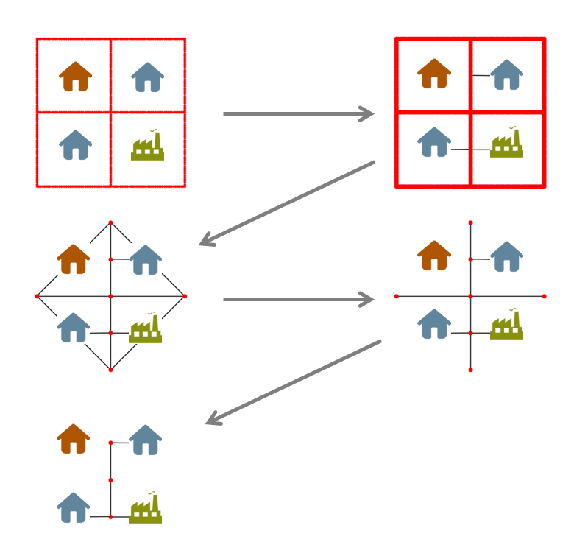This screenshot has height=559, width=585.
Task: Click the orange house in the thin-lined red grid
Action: pyautogui.click(x=75, y=77)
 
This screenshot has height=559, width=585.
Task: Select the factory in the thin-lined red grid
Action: pyautogui.click(x=147, y=146)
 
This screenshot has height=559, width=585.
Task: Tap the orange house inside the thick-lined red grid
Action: pyautogui.click(x=434, y=74)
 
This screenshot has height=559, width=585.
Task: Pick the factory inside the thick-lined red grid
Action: pyautogui.click(x=506, y=143)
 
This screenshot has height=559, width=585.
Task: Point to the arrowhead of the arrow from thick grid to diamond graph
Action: pyautogui.click(x=205, y=242)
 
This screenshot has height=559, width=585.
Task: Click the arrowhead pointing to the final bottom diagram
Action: pyautogui.click(x=212, y=421)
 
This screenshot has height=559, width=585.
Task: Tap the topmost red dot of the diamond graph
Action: pyautogui.click(x=110, y=222)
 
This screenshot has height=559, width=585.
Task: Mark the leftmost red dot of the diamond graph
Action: pyautogui.click(x=37, y=296)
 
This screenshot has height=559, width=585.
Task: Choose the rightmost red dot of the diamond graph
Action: pyautogui.click(x=184, y=296)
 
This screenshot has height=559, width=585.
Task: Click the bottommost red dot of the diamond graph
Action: pyautogui.click(x=110, y=370)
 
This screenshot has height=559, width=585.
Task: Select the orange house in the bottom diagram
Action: pyautogui.click(x=73, y=439)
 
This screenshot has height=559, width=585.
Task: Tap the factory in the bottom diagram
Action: pyautogui.click(x=145, y=509)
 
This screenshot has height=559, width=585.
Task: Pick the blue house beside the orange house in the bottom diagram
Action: pyautogui.click(x=146, y=440)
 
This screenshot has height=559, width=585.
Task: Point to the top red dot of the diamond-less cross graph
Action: pyautogui.click(x=470, y=222)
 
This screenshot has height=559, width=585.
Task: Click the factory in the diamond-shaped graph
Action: pyautogui.click(x=145, y=328)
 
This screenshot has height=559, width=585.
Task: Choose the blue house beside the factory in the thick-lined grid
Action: pyautogui.click(x=434, y=142)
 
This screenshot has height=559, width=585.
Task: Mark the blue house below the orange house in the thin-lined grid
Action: pyautogui.click(x=75, y=145)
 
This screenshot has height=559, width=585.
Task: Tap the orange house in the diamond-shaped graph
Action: pyautogui.click(x=73, y=259)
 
